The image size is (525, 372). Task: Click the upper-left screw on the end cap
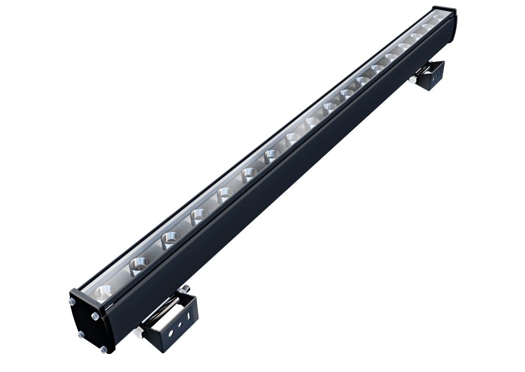(71, 302)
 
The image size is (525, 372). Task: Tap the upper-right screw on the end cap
(94, 316)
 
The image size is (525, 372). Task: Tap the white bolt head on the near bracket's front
(139, 331)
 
